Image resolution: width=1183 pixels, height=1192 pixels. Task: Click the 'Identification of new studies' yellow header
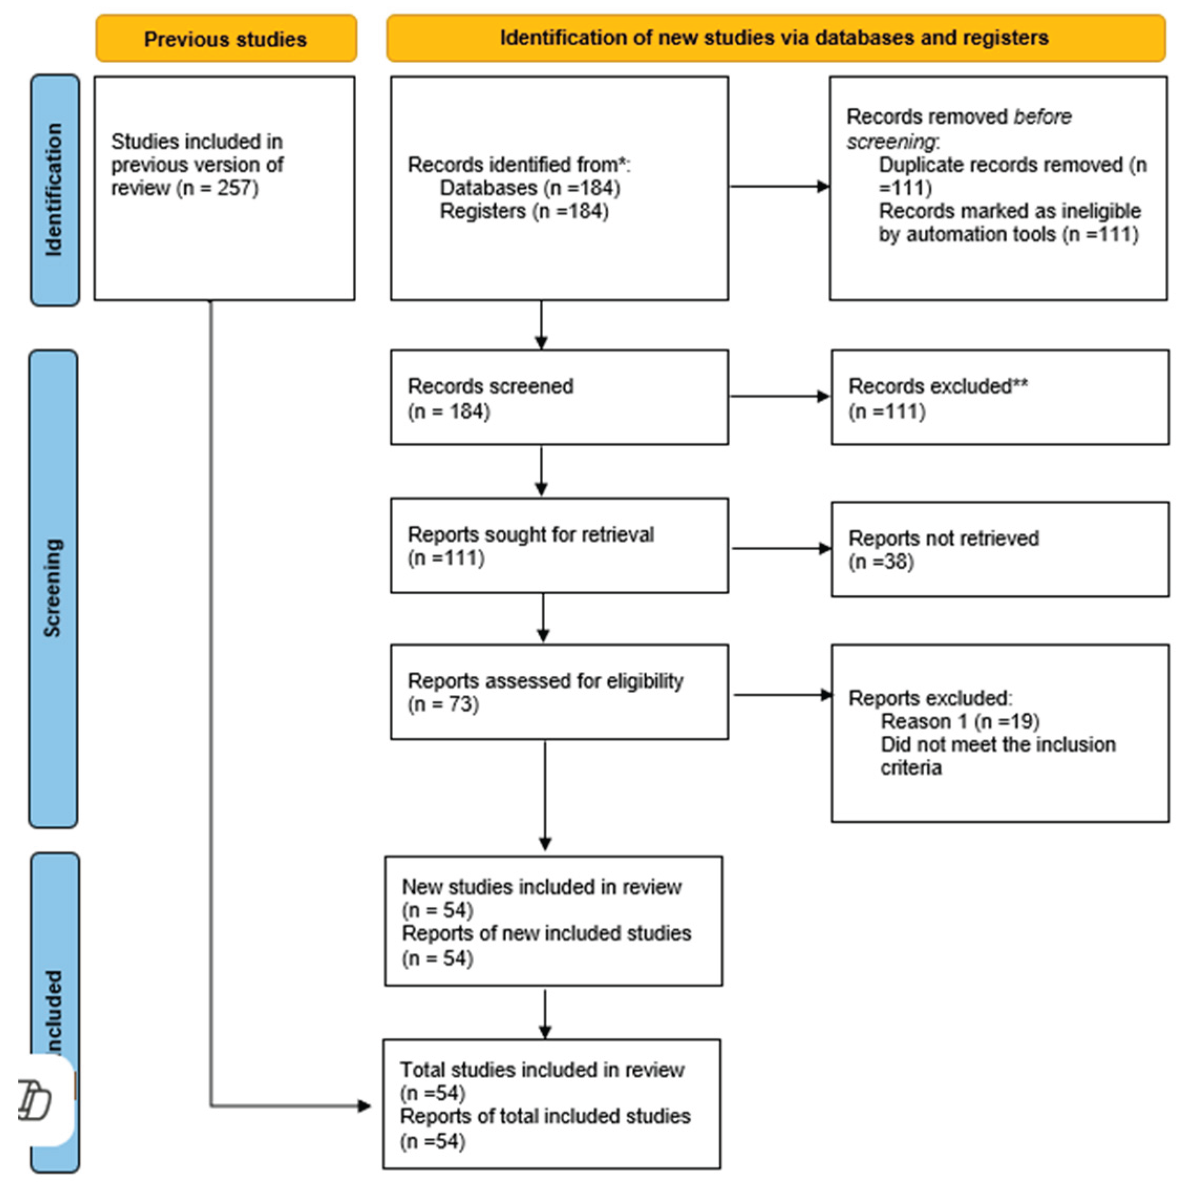(x=774, y=38)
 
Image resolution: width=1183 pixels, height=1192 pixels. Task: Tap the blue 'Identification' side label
(x=55, y=189)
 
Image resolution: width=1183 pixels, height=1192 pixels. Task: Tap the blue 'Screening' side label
(x=53, y=588)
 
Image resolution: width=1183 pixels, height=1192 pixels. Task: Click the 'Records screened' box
(x=559, y=398)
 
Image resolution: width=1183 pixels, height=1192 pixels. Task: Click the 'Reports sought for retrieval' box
(x=559, y=545)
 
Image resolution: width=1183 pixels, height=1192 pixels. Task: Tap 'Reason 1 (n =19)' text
(x=959, y=721)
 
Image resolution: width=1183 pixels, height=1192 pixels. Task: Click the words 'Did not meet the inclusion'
(x=997, y=744)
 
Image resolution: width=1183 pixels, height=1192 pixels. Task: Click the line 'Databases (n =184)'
(x=529, y=188)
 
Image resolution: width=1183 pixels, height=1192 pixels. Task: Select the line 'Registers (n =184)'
(x=524, y=211)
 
